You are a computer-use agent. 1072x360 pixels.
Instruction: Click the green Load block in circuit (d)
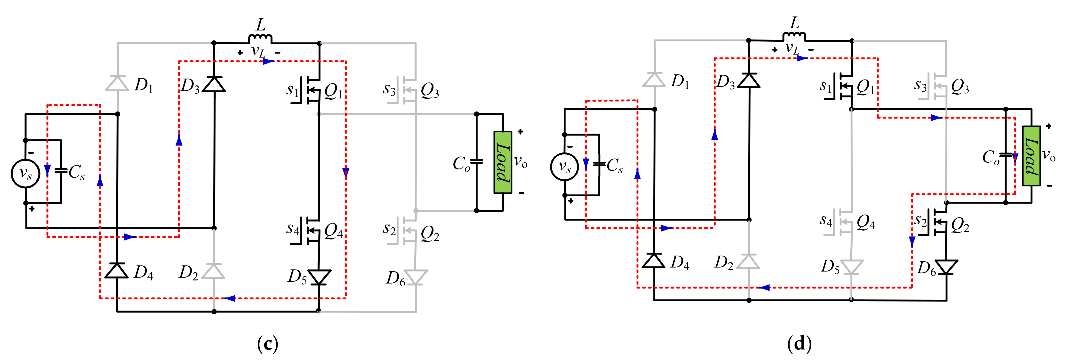(1031, 156)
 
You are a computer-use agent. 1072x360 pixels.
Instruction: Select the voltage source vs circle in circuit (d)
(564, 167)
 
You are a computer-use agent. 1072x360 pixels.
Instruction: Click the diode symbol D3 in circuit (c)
(214, 85)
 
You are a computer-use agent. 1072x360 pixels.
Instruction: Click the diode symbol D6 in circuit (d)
(946, 267)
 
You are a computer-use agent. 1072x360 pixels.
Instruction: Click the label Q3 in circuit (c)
(430, 90)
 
